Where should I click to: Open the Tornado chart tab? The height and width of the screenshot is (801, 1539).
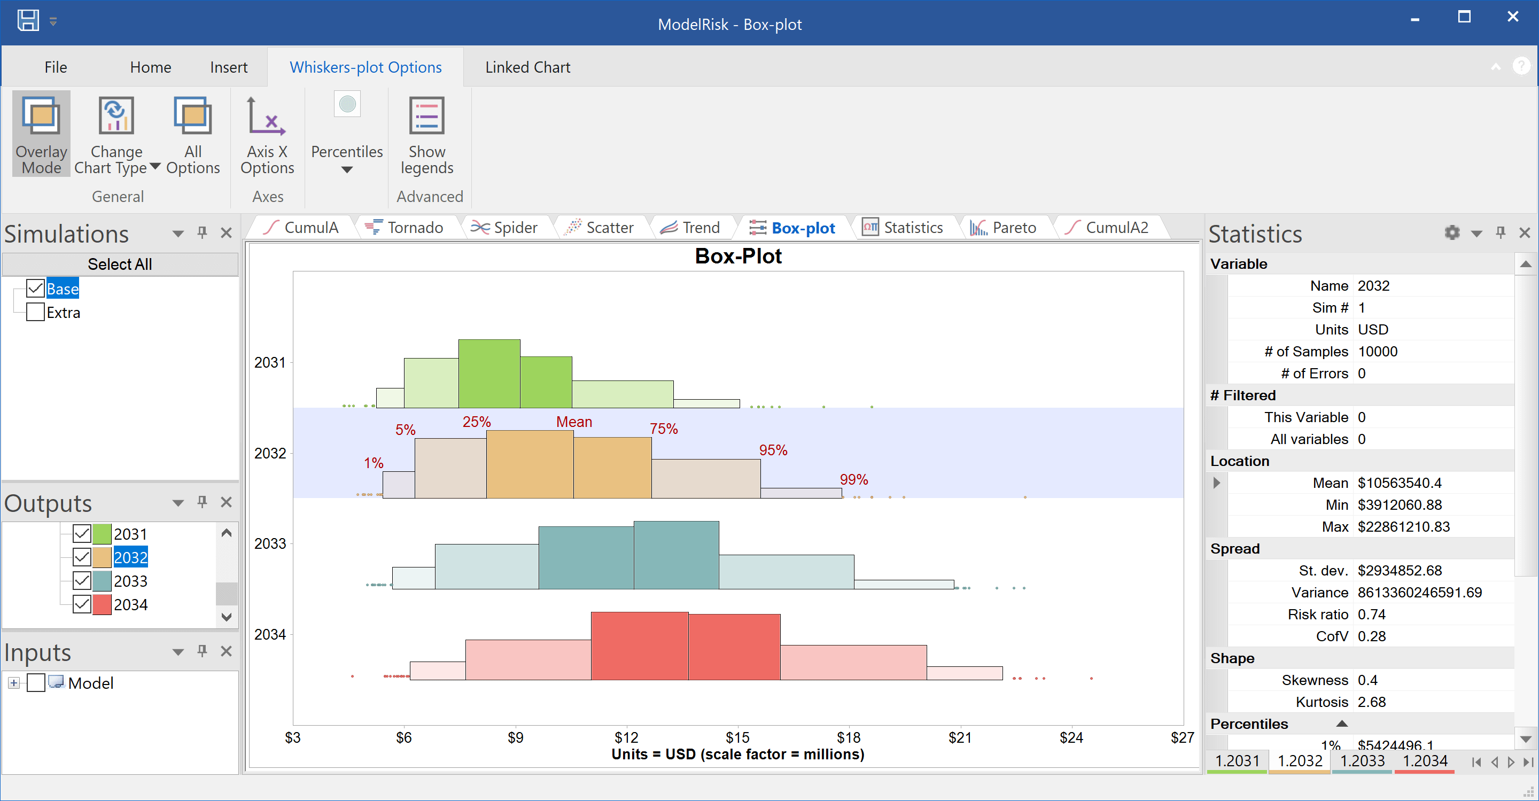tap(406, 228)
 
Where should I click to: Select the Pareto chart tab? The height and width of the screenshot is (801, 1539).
tap(1004, 228)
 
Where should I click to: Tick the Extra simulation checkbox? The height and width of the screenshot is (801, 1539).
tap(35, 313)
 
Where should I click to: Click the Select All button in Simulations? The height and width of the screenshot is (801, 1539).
tap(120, 264)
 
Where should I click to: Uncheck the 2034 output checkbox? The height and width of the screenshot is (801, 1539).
tap(82, 604)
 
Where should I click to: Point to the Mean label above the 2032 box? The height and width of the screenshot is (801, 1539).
tap(573, 422)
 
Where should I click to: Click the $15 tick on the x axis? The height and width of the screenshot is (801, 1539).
tap(737, 738)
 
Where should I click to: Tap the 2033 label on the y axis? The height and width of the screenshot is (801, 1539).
tap(270, 543)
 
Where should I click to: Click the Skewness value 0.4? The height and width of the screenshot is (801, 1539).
tap(1367, 680)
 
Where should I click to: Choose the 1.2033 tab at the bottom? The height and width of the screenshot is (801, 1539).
tap(1362, 761)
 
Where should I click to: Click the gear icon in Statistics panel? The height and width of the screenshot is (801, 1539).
tap(1452, 232)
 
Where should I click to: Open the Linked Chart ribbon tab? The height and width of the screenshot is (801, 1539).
tap(527, 67)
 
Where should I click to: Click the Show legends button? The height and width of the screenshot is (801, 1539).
tap(426, 135)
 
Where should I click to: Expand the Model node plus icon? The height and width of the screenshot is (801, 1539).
tap(14, 683)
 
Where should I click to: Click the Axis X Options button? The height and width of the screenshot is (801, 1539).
tap(267, 135)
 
